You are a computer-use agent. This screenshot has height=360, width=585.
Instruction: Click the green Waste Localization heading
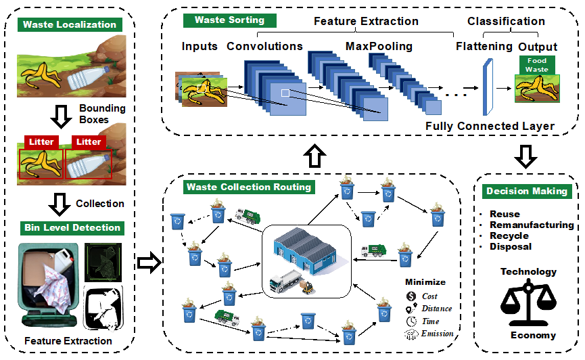[70, 25]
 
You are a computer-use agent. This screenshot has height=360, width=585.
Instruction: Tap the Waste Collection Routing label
[248, 187]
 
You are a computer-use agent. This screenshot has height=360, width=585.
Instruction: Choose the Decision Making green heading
[527, 192]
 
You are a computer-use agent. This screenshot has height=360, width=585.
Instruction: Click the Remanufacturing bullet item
[532, 225]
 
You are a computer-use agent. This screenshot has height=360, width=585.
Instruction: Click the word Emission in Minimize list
[437, 333]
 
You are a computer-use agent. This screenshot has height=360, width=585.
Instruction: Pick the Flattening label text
[484, 47]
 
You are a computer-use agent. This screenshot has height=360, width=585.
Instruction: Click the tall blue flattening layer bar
[486, 88]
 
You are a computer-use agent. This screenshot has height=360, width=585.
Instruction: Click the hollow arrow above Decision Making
[525, 154]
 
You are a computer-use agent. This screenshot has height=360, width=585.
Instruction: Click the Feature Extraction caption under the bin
[68, 340]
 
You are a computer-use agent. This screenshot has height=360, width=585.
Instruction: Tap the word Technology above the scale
[528, 271]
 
